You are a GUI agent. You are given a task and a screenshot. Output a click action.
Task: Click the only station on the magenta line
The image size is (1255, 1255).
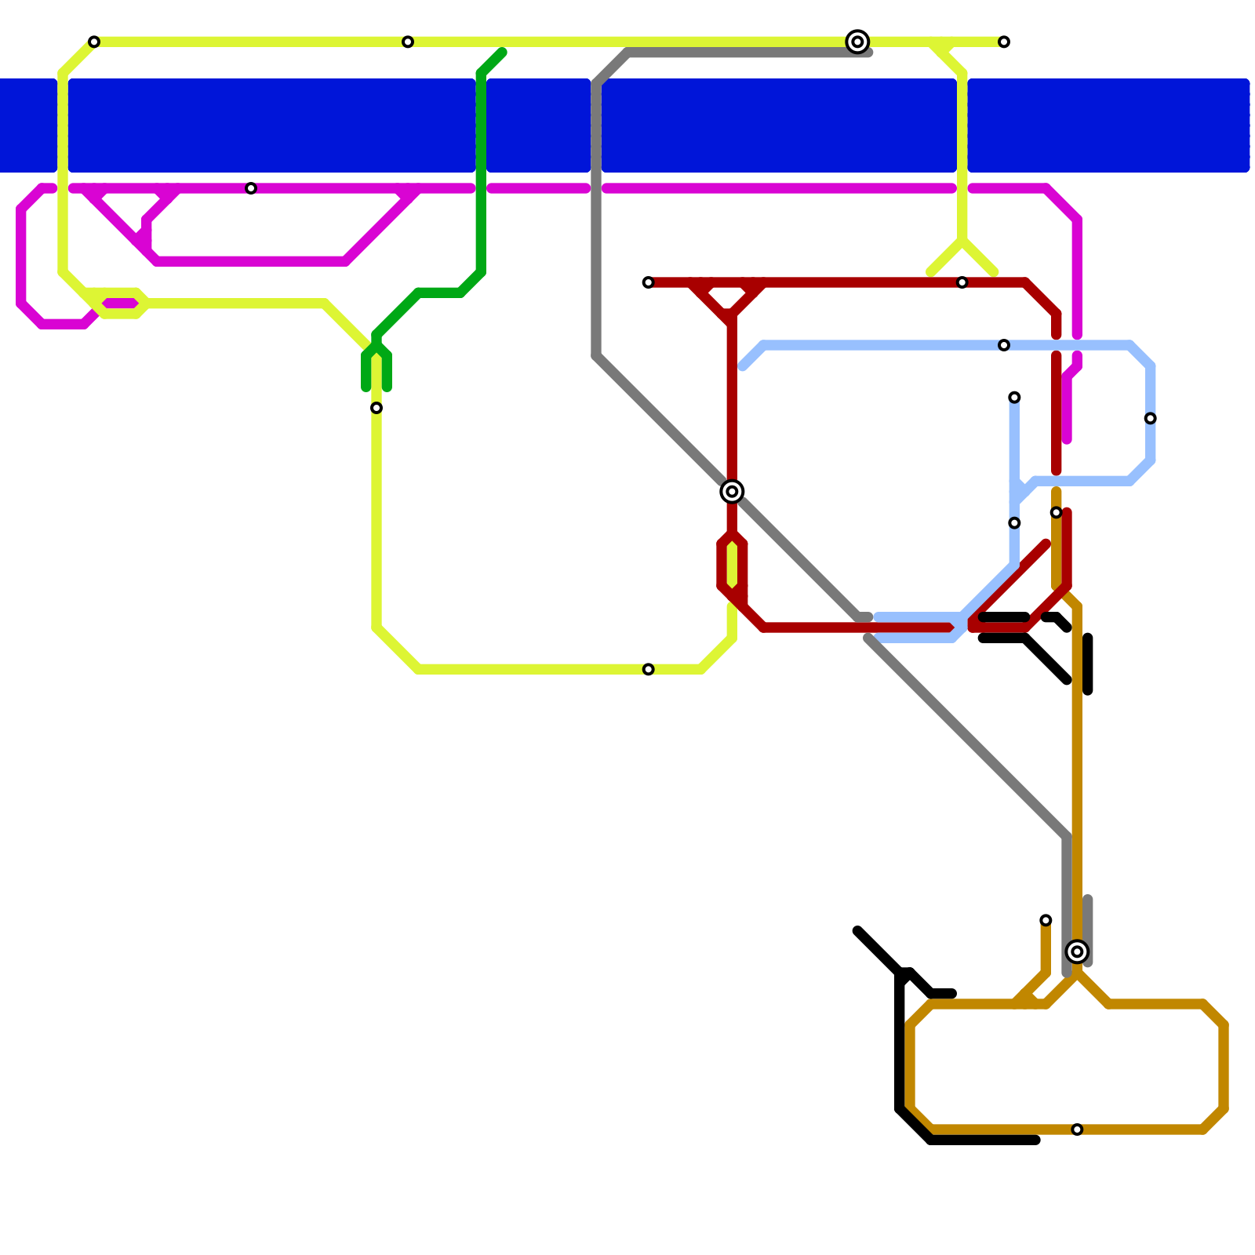[251, 188]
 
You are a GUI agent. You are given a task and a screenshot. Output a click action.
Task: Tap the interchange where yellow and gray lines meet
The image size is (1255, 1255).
[857, 42]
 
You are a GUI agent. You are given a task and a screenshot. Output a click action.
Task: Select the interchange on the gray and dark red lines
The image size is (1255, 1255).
[732, 492]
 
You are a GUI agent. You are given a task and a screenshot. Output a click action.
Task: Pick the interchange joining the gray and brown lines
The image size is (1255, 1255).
[1077, 951]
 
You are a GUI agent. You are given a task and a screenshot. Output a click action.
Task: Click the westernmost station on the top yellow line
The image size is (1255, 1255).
[94, 42]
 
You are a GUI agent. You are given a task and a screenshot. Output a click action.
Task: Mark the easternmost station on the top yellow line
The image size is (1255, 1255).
[1004, 42]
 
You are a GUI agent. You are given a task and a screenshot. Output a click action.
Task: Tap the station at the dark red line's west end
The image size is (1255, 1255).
[648, 282]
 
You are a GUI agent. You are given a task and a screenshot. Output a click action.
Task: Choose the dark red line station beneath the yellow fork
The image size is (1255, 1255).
[962, 282]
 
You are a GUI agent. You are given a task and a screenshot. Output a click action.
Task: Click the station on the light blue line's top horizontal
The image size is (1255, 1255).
[1004, 345]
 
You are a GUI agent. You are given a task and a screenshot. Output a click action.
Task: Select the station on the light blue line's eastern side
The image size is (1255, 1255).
[1150, 418]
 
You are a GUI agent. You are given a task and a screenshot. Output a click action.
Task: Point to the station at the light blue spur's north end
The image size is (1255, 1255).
[1014, 398]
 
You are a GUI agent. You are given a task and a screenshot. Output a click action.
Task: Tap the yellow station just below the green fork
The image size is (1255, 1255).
[376, 408]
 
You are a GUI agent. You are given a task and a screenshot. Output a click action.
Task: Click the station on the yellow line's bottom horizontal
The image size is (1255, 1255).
[648, 669]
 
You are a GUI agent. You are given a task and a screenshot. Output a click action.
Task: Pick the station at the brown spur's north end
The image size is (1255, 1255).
[1046, 920]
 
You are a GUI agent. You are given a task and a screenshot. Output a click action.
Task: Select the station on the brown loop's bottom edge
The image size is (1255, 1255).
[1077, 1129]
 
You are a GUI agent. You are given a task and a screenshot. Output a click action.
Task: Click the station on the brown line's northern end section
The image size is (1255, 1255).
[1057, 512]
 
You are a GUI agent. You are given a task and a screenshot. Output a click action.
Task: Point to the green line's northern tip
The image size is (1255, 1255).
[502, 53]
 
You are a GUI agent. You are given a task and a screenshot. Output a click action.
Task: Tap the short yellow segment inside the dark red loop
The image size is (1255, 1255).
[732, 565]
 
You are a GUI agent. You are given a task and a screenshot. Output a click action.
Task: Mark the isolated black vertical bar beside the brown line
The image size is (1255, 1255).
[1088, 664]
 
